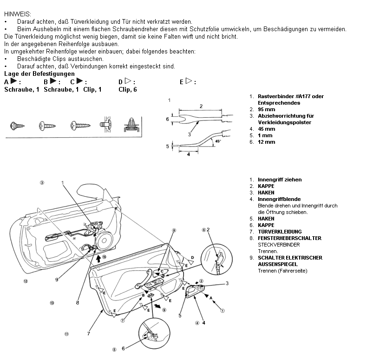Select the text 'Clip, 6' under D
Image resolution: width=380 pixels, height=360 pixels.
(128, 89)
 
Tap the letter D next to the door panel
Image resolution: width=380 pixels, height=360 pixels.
(192, 257)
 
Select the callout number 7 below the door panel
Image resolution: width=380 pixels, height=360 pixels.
(88, 333)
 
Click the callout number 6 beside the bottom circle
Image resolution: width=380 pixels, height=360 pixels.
(123, 348)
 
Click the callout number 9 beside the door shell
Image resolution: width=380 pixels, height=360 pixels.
(57, 280)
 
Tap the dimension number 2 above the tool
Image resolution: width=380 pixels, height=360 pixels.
(201, 106)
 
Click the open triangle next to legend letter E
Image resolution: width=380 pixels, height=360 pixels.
(189, 81)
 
